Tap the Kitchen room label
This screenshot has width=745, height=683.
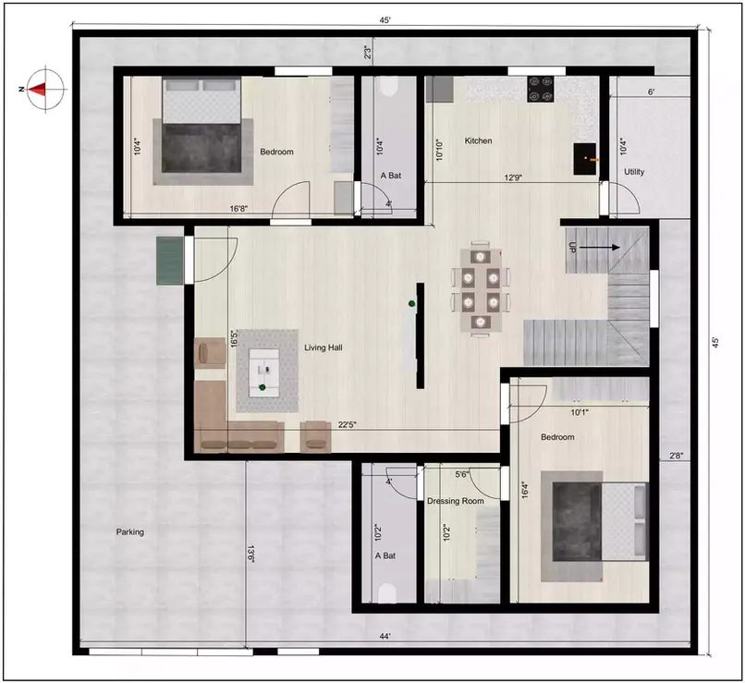click(478, 141)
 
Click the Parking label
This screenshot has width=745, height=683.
click(130, 532)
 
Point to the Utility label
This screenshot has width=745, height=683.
click(634, 172)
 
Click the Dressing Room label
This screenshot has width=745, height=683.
click(455, 501)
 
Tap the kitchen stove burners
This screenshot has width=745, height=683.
click(541, 88)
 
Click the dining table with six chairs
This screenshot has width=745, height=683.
click(480, 289)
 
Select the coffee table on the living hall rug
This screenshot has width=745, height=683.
click(267, 369)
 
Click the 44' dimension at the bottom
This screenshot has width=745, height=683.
click(383, 636)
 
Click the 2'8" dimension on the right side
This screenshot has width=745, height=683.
click(677, 455)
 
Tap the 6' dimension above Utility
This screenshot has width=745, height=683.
click(651, 92)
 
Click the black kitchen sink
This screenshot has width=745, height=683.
click(584, 158)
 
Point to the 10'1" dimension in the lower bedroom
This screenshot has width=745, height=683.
click(579, 412)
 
